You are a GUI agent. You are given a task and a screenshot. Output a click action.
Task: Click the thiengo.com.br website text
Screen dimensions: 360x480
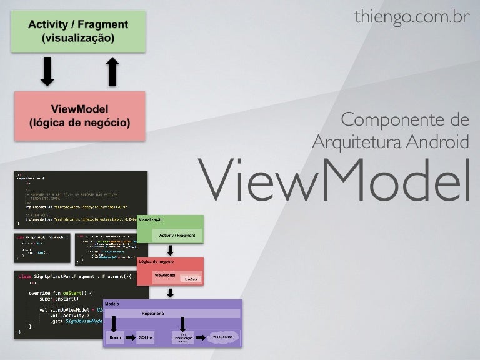point(411,17)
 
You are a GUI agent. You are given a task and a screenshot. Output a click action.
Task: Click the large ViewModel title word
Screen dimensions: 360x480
point(334,179)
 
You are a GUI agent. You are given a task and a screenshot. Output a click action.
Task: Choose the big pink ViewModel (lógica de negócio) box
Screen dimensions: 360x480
point(80,116)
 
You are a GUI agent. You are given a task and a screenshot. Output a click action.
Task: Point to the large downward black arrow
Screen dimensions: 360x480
point(47,71)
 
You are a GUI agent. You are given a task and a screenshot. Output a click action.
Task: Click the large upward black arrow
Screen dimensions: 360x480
point(112,71)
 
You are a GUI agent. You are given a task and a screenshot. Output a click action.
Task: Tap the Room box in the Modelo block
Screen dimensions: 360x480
point(115,338)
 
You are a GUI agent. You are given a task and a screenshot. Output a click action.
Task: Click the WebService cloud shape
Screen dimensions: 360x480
point(223,337)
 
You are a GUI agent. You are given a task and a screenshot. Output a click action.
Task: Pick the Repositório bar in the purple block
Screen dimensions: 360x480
point(172,313)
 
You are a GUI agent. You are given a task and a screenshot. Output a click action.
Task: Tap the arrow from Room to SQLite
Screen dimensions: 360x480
point(131,338)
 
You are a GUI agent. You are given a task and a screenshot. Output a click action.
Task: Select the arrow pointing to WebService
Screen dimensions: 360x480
point(201,338)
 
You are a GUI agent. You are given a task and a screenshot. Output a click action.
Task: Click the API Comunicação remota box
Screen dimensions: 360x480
point(183,338)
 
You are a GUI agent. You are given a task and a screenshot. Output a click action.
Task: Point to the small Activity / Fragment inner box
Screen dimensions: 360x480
point(177,235)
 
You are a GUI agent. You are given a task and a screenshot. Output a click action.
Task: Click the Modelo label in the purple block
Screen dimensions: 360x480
point(112,304)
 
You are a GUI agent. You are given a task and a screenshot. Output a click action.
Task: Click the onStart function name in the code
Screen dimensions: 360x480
point(83,292)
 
